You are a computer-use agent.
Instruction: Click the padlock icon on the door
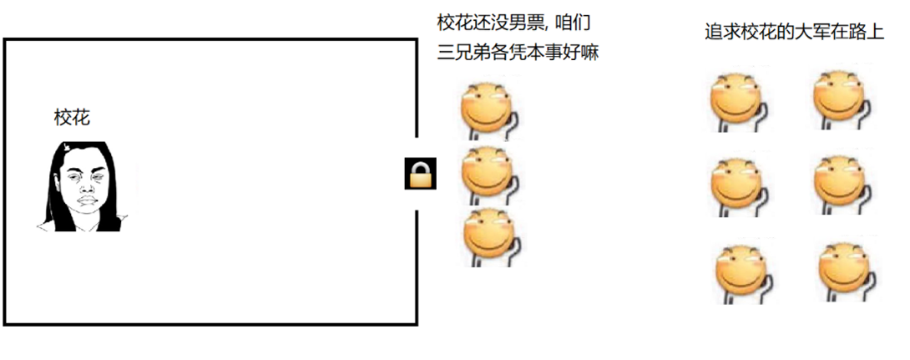(x=420, y=174)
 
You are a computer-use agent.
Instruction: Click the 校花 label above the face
(x=72, y=118)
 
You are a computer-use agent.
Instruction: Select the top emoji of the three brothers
(x=488, y=108)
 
